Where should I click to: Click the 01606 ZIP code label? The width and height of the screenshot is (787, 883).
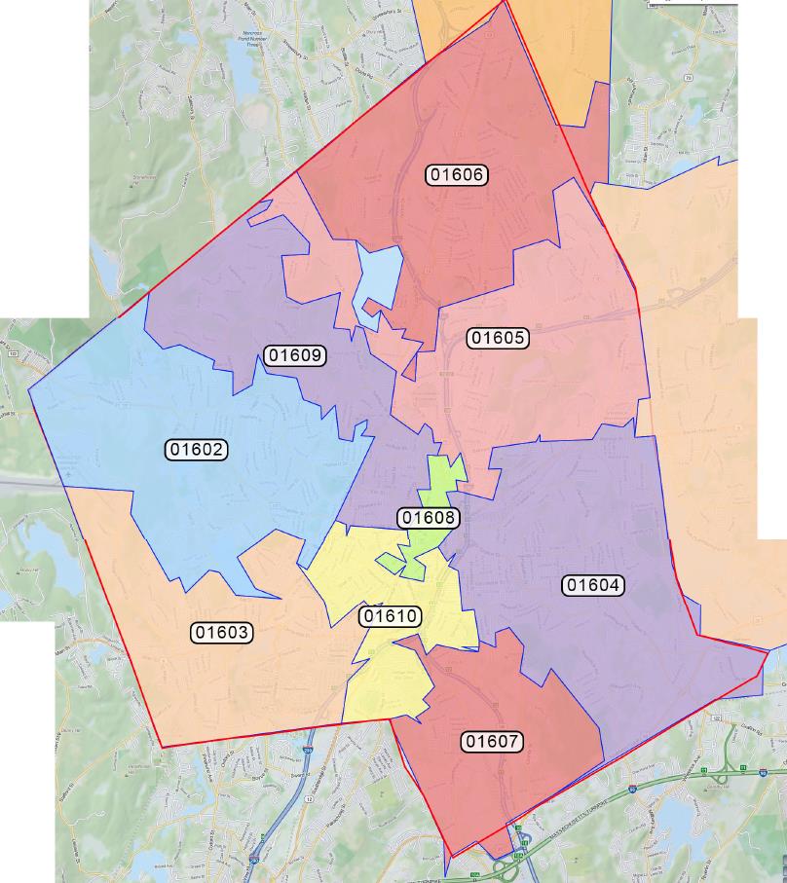(x=457, y=175)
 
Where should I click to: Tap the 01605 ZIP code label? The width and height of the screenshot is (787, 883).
(x=498, y=338)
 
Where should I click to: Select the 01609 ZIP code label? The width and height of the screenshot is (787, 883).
(x=295, y=355)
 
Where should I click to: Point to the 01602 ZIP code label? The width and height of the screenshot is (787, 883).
(x=198, y=450)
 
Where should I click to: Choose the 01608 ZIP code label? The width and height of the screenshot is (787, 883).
(x=429, y=518)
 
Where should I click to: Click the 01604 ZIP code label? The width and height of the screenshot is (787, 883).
(x=594, y=585)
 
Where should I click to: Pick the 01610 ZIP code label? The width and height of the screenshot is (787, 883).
(x=390, y=616)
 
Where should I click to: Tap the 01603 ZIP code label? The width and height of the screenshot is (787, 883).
(x=222, y=632)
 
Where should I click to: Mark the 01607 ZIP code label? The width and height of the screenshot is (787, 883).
(x=492, y=742)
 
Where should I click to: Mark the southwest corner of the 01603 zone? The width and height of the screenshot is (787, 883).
(x=163, y=747)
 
